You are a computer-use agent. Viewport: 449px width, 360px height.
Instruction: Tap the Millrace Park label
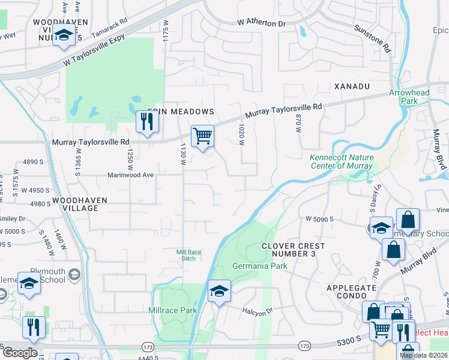click(x=173, y=310)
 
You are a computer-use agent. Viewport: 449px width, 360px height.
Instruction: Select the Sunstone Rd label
click(x=373, y=38)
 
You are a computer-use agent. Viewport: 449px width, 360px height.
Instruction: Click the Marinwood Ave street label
click(x=131, y=175)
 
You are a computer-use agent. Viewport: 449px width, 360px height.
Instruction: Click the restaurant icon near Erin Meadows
click(x=146, y=122)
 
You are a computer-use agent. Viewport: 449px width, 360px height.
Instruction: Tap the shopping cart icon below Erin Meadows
click(x=202, y=136)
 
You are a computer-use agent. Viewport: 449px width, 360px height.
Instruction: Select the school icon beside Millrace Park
click(x=219, y=292)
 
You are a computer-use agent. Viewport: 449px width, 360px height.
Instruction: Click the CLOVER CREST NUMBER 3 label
click(x=294, y=250)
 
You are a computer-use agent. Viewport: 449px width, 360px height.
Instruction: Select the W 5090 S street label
click(x=318, y=220)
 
